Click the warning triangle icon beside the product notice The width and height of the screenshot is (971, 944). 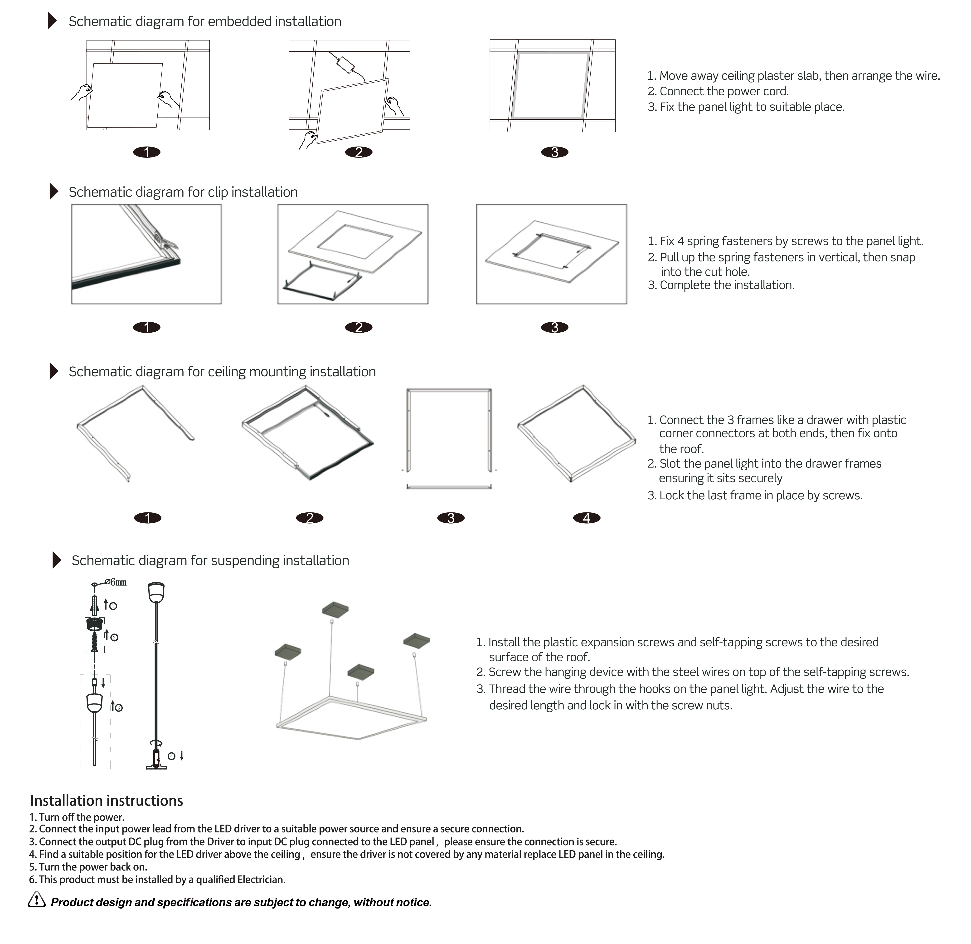click(x=37, y=899)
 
